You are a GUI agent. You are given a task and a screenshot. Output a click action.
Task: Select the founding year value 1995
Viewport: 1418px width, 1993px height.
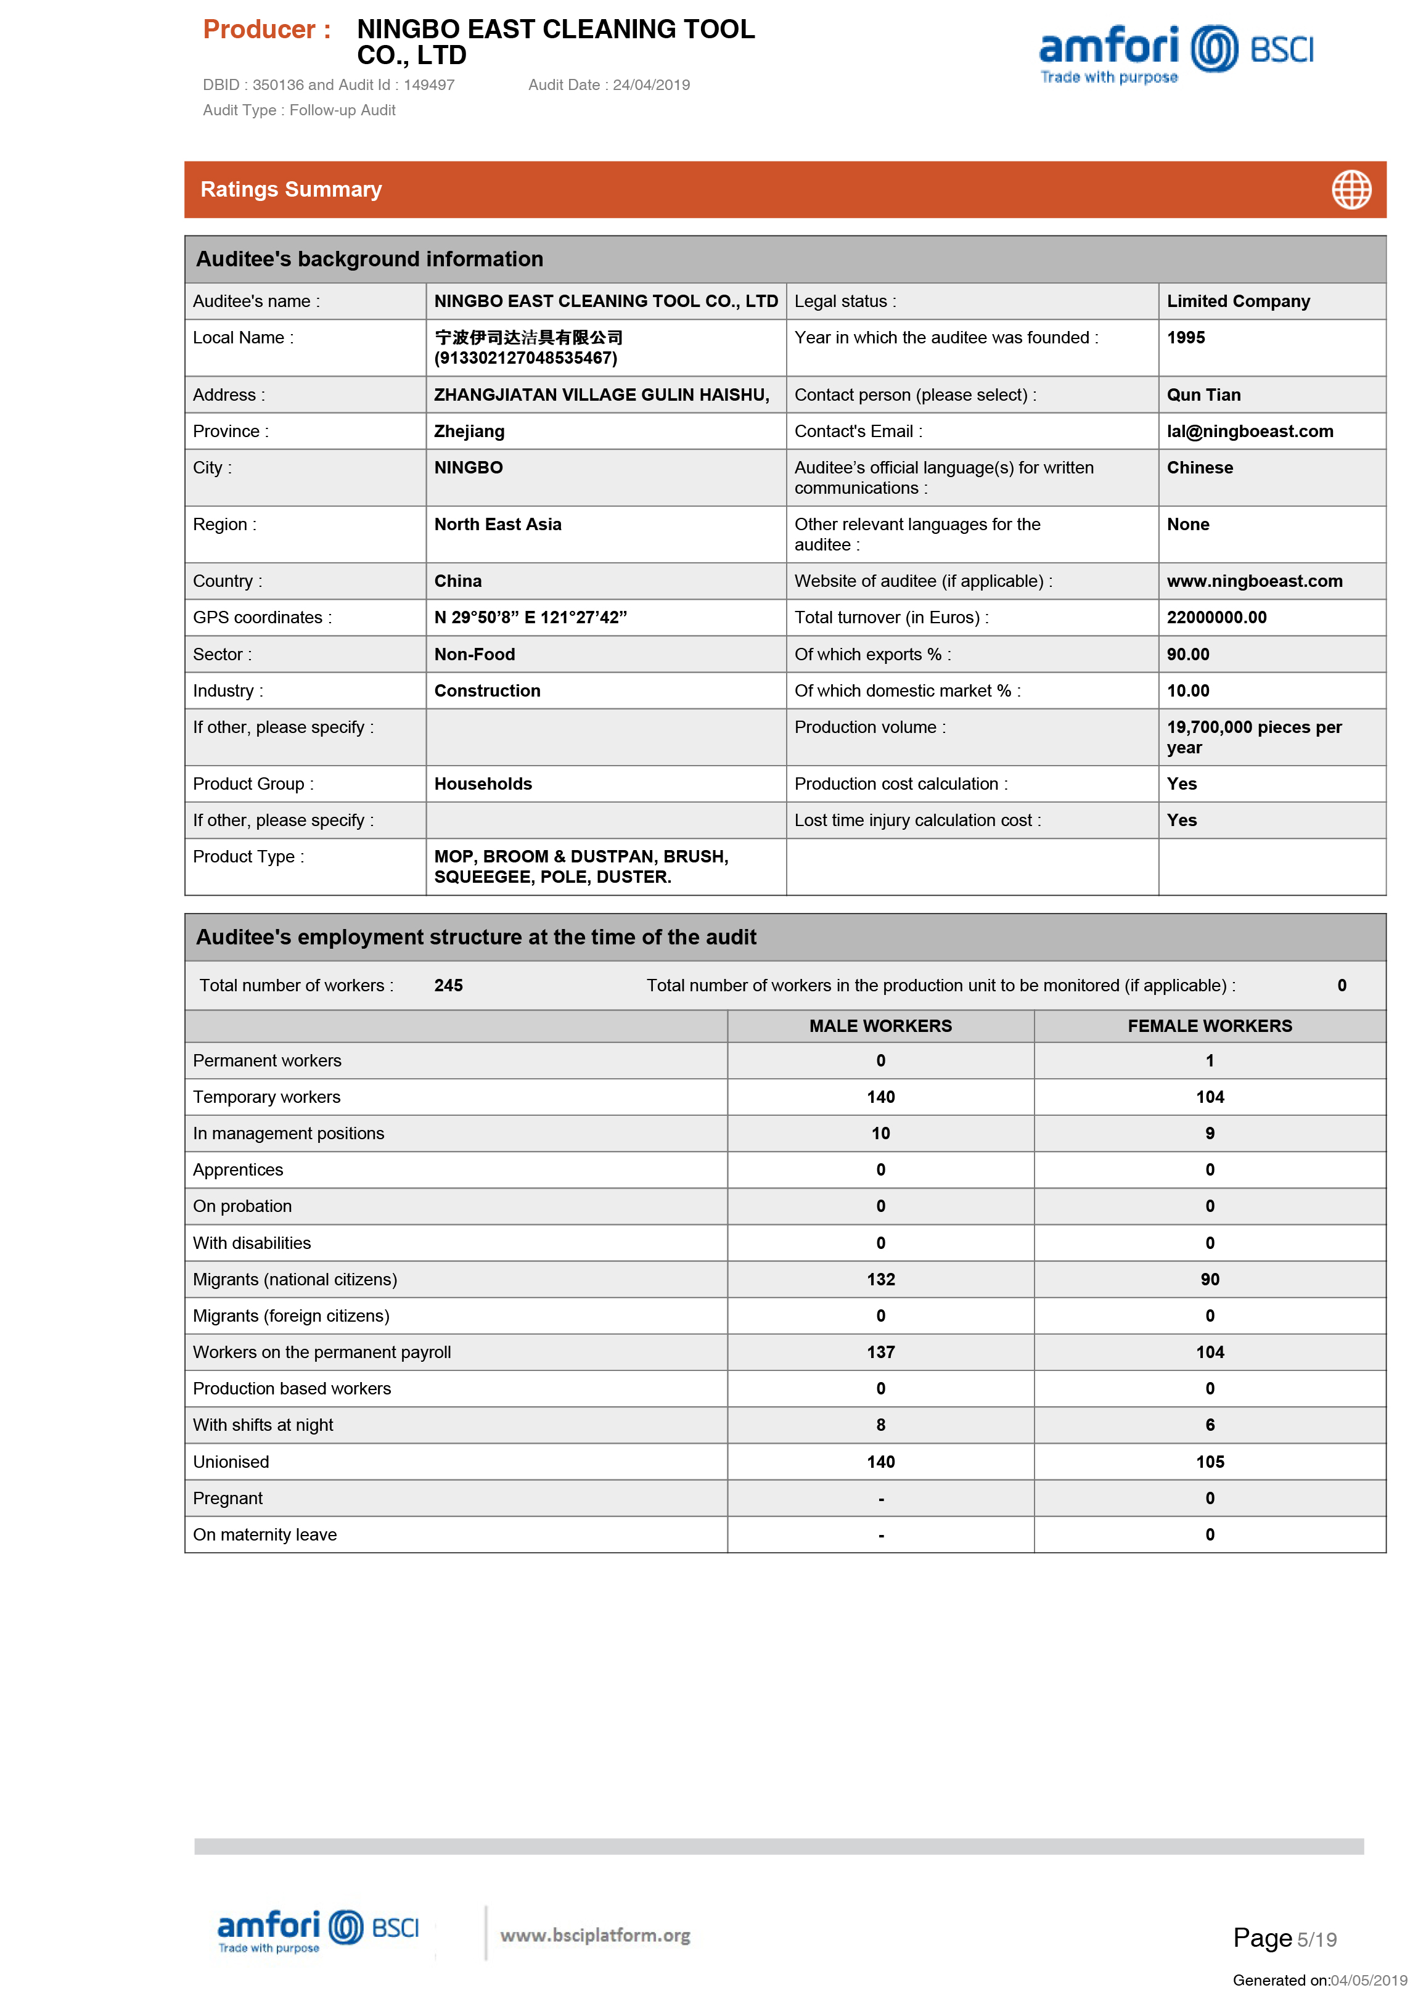coord(1185,338)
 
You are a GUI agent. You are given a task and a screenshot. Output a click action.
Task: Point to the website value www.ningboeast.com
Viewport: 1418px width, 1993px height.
coord(1254,581)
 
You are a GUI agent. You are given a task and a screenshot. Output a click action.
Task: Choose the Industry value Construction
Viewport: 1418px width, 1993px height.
coord(487,690)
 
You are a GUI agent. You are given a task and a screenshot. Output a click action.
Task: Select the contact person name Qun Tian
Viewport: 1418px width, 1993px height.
coord(1203,395)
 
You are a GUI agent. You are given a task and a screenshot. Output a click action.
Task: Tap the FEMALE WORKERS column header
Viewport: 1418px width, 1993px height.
coord(1210,1026)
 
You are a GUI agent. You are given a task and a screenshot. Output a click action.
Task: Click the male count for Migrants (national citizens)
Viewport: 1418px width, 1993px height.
coord(880,1280)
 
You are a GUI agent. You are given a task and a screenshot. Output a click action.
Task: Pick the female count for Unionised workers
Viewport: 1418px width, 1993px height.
coord(1210,1462)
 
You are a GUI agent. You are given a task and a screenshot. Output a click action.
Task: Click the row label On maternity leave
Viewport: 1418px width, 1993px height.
coord(264,1535)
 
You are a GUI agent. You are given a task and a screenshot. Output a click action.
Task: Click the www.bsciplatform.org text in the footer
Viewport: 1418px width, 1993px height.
coord(594,1936)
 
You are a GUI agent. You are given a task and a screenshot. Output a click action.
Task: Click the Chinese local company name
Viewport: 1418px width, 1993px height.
coord(528,338)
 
